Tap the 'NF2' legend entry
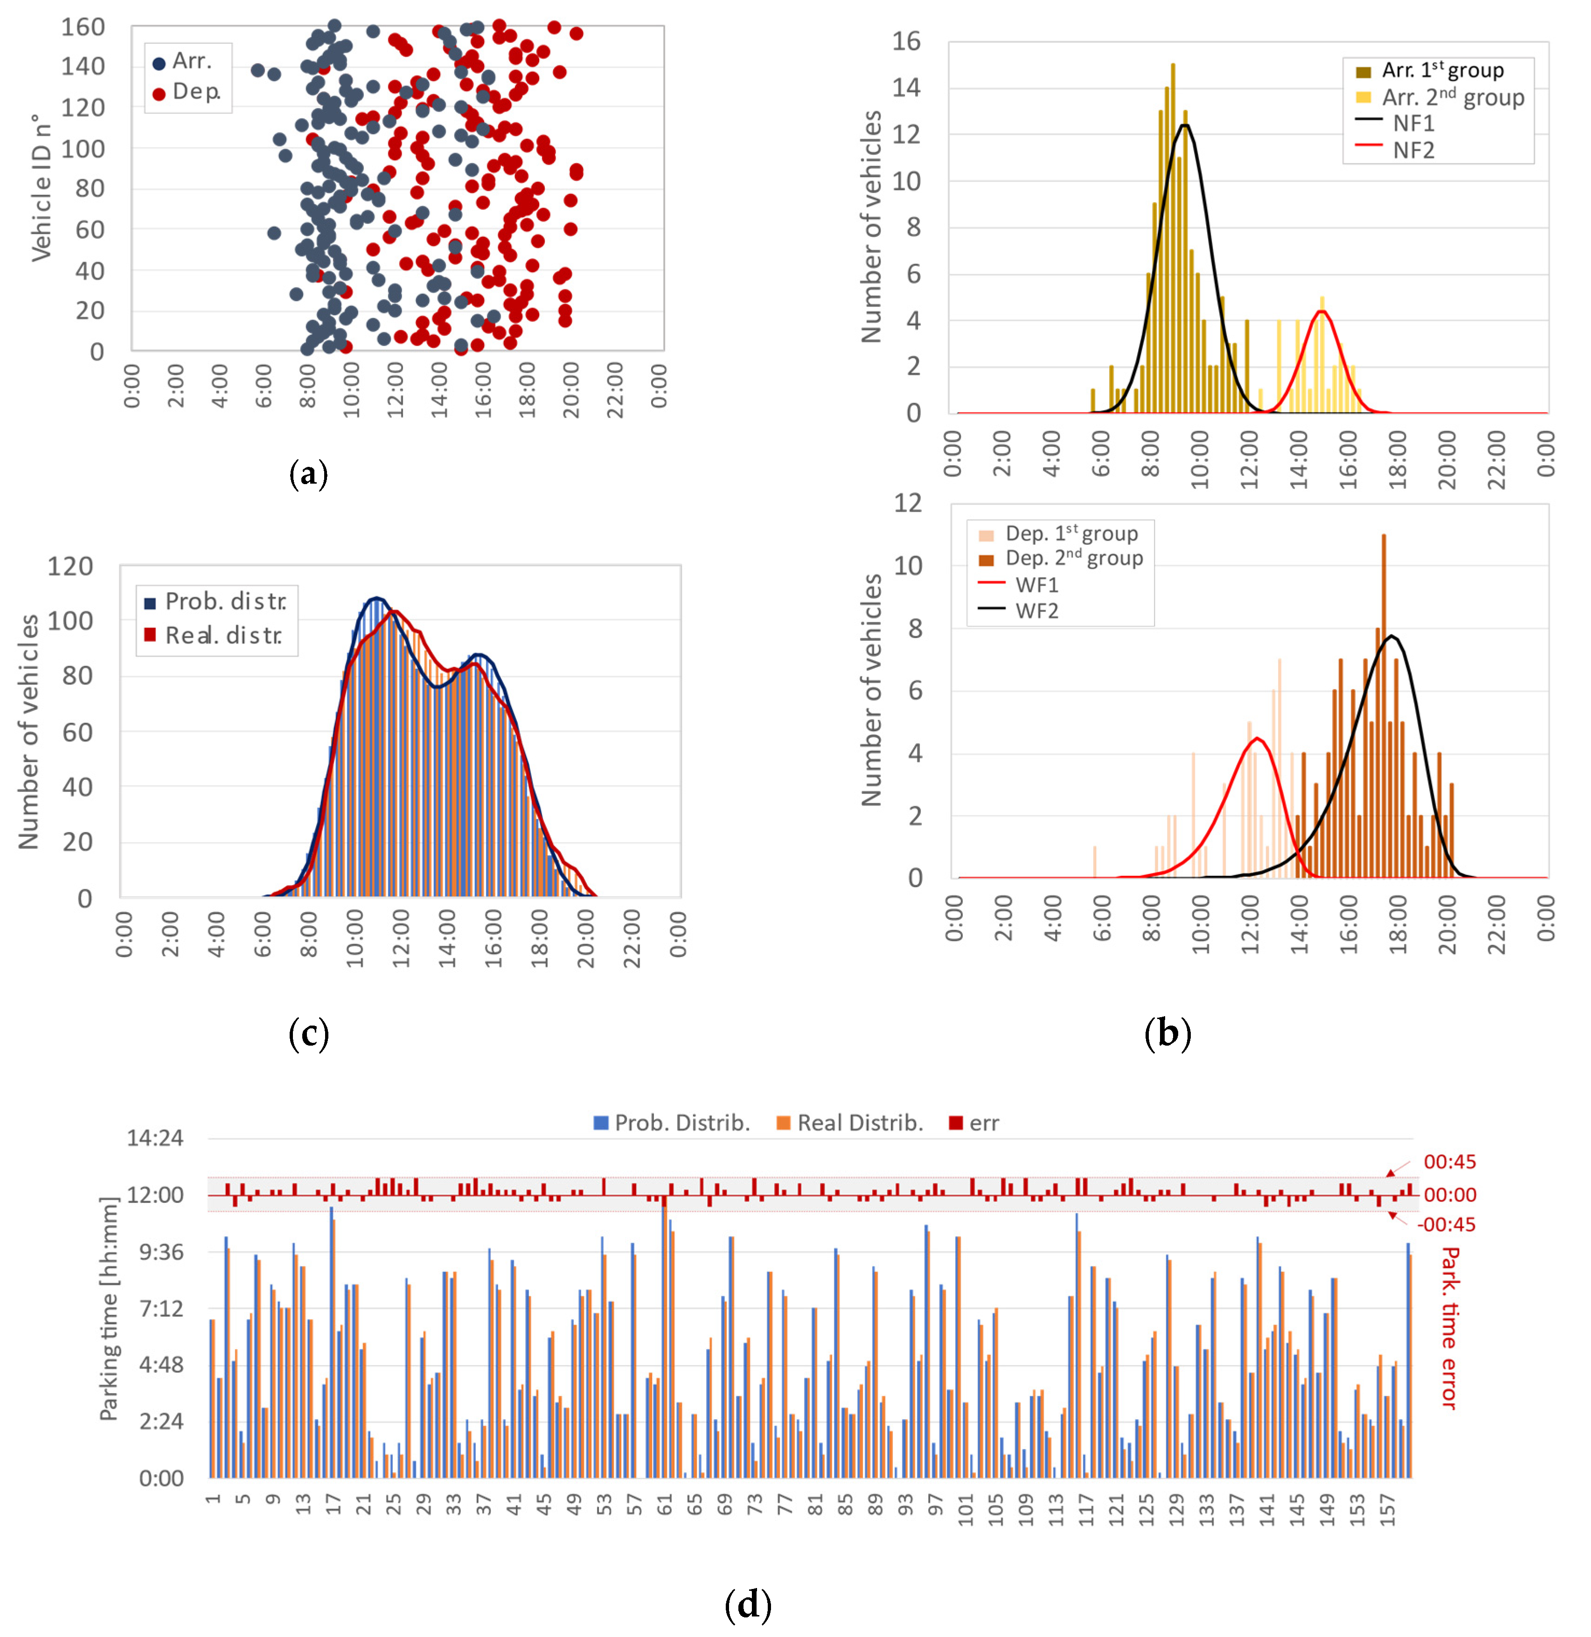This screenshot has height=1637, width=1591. coord(1412,151)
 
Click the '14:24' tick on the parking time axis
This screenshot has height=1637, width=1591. coord(154,1138)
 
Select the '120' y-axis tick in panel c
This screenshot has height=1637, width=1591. coord(70,567)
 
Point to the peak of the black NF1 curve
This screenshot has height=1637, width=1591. coord(1184,125)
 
